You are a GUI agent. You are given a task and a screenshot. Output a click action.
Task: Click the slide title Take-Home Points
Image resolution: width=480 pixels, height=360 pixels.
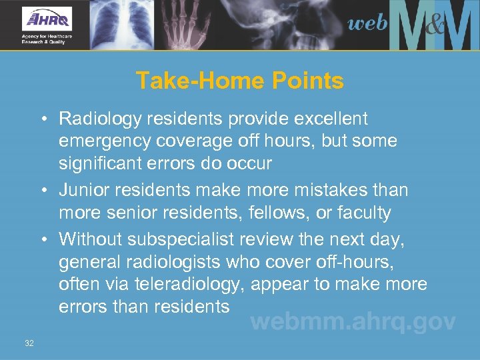(240, 81)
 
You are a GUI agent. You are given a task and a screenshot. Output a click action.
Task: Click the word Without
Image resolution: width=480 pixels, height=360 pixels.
(86, 238)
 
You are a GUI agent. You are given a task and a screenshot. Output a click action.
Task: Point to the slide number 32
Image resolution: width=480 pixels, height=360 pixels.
(29, 343)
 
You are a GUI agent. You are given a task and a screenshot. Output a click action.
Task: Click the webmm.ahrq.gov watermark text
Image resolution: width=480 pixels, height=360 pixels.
(353, 322)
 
